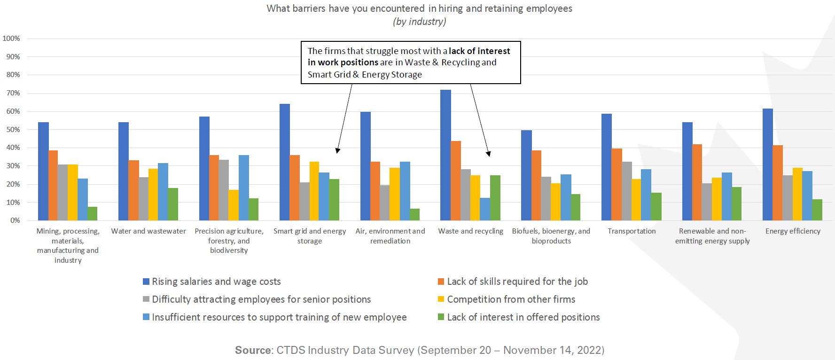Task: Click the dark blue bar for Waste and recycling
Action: coord(445,155)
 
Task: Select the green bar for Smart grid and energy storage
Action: coord(334,200)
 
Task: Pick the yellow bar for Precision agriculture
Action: coord(234,205)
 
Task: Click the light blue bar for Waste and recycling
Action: coord(485,209)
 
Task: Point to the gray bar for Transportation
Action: coord(626,191)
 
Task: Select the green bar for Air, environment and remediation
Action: coord(414,214)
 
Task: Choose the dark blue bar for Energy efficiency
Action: coord(768,164)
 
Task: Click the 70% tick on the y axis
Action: coord(13,93)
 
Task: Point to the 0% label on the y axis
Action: coord(15,220)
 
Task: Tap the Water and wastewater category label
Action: coord(148,231)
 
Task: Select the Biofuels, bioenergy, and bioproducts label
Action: coord(551,236)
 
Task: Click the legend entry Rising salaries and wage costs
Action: coord(216,282)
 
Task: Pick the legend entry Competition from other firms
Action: coord(511,299)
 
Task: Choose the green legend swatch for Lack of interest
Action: coord(441,317)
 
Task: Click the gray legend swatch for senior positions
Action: coord(146,299)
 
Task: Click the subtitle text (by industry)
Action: coord(419,22)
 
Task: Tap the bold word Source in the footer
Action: coord(253,350)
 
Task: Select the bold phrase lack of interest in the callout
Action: coord(479,51)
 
